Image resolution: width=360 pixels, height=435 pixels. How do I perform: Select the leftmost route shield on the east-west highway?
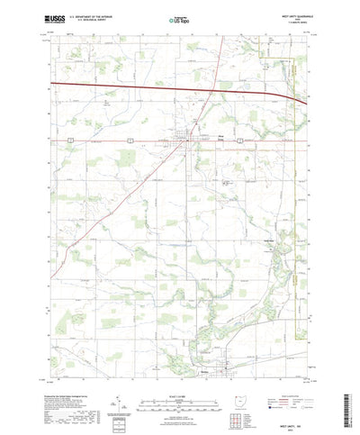pos(69,140)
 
